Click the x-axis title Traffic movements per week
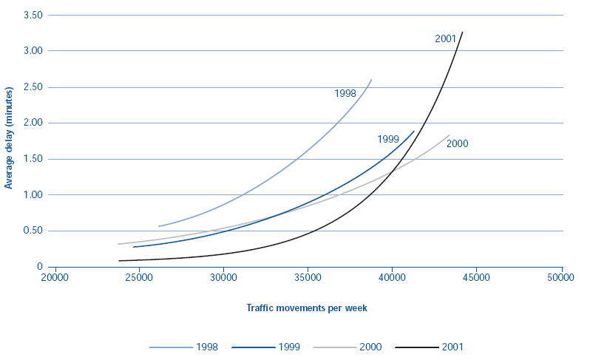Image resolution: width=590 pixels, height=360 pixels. click(x=306, y=308)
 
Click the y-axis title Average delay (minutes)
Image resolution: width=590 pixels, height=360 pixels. click(x=9, y=138)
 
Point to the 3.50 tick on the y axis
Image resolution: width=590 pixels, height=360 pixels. click(x=34, y=15)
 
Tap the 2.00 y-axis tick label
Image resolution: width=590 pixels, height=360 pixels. click(x=34, y=123)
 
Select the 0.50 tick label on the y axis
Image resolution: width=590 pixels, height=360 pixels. click(x=34, y=231)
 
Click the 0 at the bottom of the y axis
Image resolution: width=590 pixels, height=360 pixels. click(x=40, y=267)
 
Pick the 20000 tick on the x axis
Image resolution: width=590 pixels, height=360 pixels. click(x=54, y=279)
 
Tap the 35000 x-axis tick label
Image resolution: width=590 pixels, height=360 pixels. click(x=308, y=279)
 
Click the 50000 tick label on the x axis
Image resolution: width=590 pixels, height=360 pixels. click(x=561, y=279)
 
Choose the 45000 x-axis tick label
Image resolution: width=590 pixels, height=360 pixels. click(x=477, y=279)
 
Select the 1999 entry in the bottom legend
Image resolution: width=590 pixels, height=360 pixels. click(x=288, y=346)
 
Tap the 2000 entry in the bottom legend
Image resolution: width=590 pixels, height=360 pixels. click(x=370, y=346)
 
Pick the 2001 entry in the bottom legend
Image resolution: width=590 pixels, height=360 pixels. click(x=452, y=346)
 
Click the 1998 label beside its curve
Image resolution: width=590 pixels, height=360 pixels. click(x=345, y=94)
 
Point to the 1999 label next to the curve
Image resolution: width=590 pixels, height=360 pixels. click(x=388, y=139)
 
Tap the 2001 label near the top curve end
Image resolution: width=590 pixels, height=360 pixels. click(x=445, y=38)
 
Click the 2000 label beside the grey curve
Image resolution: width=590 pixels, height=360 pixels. click(x=458, y=144)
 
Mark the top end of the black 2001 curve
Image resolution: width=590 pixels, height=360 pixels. click(x=462, y=33)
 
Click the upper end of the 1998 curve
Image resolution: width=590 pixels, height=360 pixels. click(x=371, y=79)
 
